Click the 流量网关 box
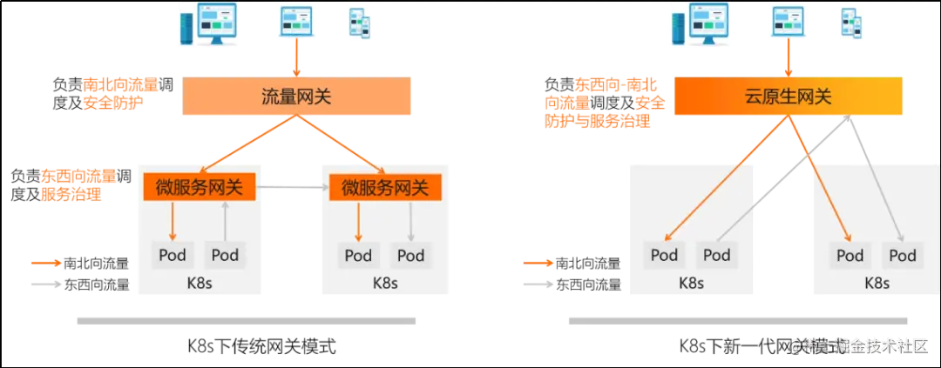(x=296, y=97)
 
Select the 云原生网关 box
(x=788, y=97)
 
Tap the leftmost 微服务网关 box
(x=199, y=187)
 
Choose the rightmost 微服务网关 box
(x=385, y=187)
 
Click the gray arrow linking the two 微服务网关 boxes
(x=292, y=187)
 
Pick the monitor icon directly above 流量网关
(x=297, y=23)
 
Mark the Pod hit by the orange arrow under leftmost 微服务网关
(x=172, y=255)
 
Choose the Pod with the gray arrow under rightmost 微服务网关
(x=410, y=255)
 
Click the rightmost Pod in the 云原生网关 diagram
(x=902, y=255)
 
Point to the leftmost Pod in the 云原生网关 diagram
(x=664, y=255)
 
